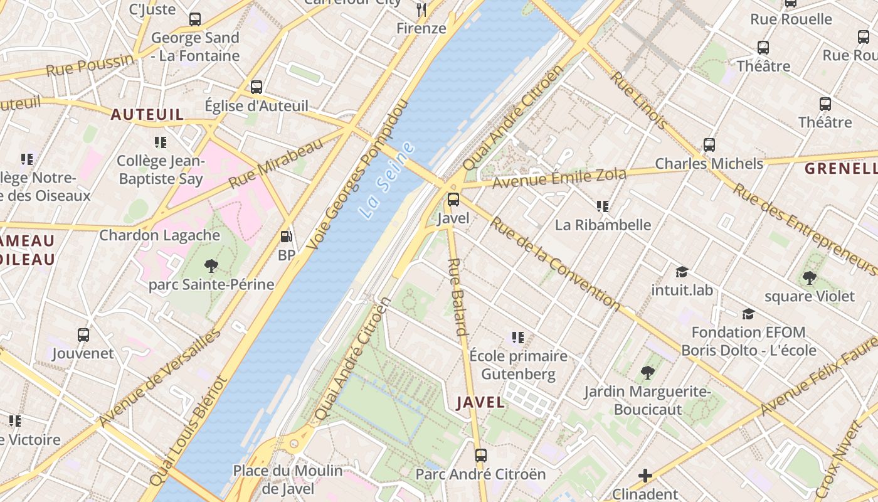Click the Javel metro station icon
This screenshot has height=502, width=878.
(453, 200)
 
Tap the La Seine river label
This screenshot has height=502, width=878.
(388, 181)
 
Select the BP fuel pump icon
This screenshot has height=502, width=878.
(287, 237)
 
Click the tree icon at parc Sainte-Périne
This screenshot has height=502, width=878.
(211, 265)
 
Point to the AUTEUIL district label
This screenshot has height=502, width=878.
(147, 114)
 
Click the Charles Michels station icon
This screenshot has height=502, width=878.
(709, 145)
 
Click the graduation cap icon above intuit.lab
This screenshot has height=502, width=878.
(682, 272)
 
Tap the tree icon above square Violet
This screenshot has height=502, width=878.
(810, 277)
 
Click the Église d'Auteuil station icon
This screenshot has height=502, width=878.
(257, 87)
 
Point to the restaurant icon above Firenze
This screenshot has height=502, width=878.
(421, 9)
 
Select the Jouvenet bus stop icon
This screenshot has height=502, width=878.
(83, 334)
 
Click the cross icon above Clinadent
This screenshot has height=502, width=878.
(645, 476)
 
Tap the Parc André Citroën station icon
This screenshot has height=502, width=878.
(481, 455)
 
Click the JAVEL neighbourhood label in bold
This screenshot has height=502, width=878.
(481, 402)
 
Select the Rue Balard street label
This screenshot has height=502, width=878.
(458, 297)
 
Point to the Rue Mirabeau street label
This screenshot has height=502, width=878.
(276, 163)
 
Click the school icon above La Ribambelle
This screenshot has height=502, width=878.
(603, 206)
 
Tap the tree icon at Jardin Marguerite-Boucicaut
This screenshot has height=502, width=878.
(648, 373)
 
